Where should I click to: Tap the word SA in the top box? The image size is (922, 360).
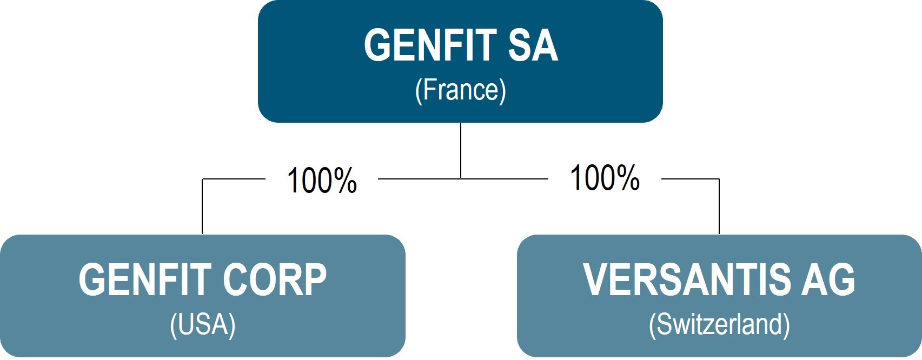coord(532,45)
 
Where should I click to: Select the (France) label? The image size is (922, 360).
coord(460,90)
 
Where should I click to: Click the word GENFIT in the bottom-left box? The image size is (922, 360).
coord(145,280)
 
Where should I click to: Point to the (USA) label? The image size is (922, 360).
coord(202,325)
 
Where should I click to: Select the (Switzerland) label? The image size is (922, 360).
coord(719,325)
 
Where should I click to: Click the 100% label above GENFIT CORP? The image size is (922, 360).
coord(322,181)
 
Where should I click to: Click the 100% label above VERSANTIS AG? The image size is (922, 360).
coord(605,178)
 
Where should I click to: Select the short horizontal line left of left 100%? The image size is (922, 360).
coord(233,179)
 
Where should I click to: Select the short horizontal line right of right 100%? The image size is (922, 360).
coord(690,179)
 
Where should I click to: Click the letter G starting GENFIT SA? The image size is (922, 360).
coord(377,45)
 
